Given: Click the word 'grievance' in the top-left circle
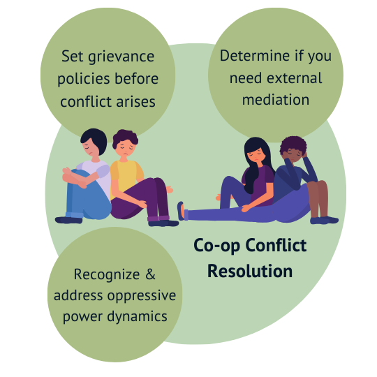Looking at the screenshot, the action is click(x=121, y=58).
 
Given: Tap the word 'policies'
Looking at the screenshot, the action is click(x=83, y=80).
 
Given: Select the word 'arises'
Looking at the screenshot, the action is click(x=136, y=102).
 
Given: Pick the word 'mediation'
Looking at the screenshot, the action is click(x=276, y=99).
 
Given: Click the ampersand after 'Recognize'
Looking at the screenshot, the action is click(x=151, y=274).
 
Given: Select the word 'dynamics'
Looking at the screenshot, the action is click(x=137, y=317).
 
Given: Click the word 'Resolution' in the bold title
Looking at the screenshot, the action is click(x=250, y=271).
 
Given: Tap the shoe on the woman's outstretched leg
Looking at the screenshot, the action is click(x=181, y=211).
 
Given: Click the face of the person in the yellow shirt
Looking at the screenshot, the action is click(x=125, y=148).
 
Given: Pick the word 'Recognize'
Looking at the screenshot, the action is click(x=107, y=275).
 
